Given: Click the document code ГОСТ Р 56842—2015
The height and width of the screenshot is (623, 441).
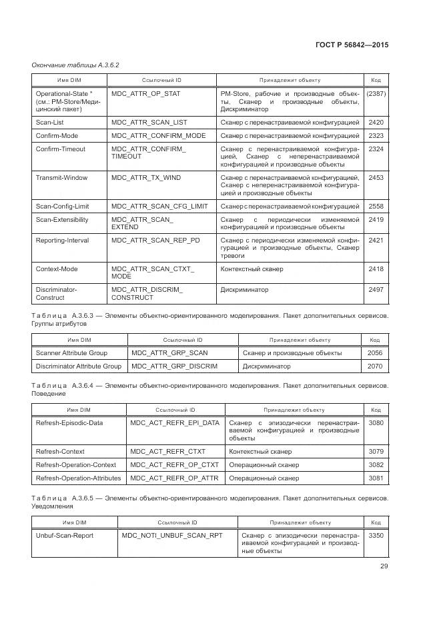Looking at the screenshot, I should tap(352, 45).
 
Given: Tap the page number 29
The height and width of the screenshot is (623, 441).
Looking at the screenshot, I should tap(384, 566).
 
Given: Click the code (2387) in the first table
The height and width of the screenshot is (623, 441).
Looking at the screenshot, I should tap(376, 94).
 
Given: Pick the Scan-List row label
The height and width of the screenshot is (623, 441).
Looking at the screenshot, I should tap(50, 123).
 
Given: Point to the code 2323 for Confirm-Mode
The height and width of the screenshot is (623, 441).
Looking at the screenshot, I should tap(376, 136).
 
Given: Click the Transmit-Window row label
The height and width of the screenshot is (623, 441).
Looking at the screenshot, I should tap(61, 178).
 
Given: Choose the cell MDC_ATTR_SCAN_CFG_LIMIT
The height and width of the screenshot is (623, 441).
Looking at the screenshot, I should tap(159, 207).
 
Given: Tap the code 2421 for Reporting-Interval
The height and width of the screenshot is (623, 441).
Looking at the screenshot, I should tap(376, 240).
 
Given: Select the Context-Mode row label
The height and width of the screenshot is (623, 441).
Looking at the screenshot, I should tap(57, 269).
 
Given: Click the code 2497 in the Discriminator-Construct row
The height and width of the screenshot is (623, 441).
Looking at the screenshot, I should tap(376, 290).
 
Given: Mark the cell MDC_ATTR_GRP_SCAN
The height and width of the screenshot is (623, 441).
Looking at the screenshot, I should tap(169, 352).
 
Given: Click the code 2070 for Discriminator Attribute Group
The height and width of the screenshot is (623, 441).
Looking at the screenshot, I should tap(375, 366).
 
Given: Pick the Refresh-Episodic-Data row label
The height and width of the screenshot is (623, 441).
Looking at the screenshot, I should tap(69, 423).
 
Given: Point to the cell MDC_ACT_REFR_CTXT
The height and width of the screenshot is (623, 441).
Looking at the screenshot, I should tap(165, 452).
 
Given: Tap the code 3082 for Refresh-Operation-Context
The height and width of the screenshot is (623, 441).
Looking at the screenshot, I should tap(376, 464).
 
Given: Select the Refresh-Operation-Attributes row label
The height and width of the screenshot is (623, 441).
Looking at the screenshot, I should tap(78, 478).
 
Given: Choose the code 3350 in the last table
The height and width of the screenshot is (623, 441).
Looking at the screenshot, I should tap(376, 535).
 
